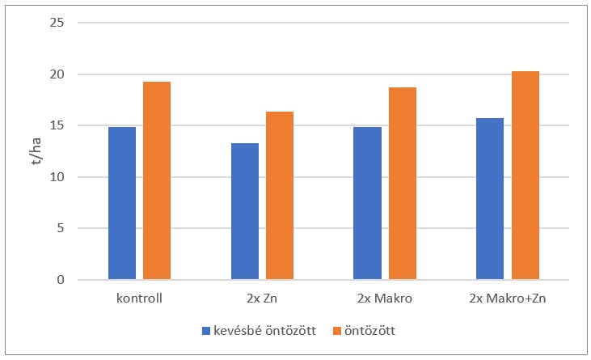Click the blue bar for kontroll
tap(121, 204)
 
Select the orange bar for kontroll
tap(157, 180)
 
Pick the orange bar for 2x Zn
tap(280, 196)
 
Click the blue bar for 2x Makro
tap(368, 204)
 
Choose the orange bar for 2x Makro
tap(403, 184)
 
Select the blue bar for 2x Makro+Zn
tap(490, 199)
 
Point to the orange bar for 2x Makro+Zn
tap(526, 176)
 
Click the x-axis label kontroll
tap(139, 299)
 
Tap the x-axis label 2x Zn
tap(262, 299)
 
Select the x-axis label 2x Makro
tap(385, 299)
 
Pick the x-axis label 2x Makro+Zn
tap(508, 299)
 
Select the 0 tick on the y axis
tap(59, 280)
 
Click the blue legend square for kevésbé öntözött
tap(205, 331)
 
